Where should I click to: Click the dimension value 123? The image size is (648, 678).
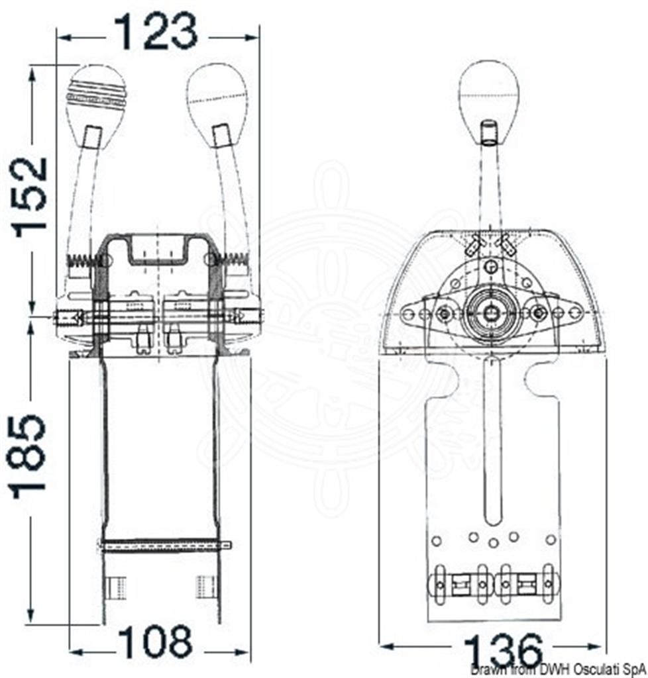click(x=155, y=31)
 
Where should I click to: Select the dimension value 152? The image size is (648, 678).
click(x=29, y=197)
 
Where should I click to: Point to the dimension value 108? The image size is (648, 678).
click(x=155, y=642)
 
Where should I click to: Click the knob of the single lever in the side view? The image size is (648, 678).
click(x=488, y=103)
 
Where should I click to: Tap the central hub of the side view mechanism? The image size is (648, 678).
click(x=490, y=313)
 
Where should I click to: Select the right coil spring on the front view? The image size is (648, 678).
click(x=231, y=260)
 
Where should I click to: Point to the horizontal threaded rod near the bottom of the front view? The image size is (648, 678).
click(x=165, y=546)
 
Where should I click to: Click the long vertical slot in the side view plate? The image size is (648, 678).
click(x=492, y=441)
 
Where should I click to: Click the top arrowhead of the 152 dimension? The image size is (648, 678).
click(x=31, y=74)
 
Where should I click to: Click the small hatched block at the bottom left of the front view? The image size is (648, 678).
click(x=117, y=587)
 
